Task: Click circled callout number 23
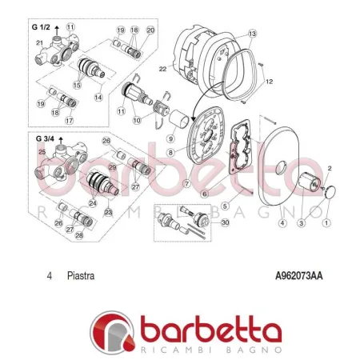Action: click(108, 212)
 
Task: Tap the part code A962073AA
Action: click(298, 277)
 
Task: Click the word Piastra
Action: click(81, 277)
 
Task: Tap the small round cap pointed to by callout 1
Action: click(329, 192)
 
